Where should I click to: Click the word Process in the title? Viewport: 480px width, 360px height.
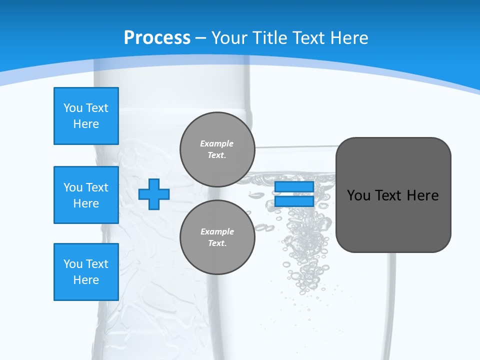coord(157,38)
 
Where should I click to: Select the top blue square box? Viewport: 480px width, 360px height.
coord(86,116)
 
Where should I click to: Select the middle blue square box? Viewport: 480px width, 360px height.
coord(86,195)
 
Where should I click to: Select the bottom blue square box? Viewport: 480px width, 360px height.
coord(86,272)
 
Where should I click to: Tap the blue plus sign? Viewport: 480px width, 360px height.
coord(154,194)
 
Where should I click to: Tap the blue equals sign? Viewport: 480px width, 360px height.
coord(294,194)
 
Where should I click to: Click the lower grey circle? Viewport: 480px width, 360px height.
coord(217,237)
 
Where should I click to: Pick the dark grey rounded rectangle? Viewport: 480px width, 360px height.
coord(393,195)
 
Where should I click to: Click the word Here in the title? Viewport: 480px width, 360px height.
coord(350,38)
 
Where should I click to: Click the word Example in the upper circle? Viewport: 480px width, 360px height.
coord(217,143)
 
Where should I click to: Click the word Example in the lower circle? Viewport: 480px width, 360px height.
coord(217,231)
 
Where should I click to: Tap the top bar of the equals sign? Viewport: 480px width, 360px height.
coord(294,187)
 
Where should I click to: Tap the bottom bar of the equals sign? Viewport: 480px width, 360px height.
coord(294,201)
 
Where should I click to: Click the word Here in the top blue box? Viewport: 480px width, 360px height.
coord(86,124)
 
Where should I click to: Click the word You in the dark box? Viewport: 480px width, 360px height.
coord(358,195)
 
